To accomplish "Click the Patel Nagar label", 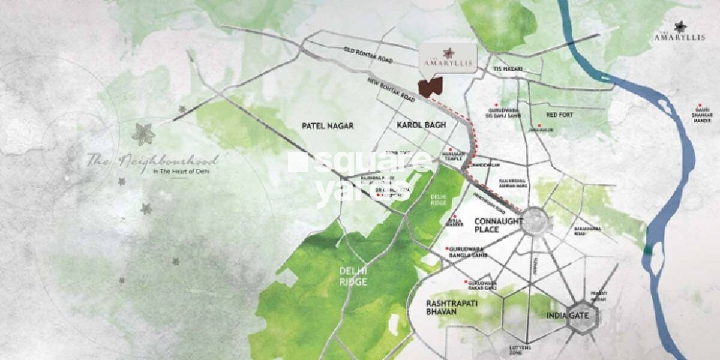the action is tap(328, 126).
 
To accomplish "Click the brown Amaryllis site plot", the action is tap(430, 87).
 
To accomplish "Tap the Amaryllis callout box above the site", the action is tap(448, 58).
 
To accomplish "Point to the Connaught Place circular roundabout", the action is tap(535, 222).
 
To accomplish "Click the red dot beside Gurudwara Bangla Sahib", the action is tap(447, 249).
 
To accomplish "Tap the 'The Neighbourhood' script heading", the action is tap(152, 161).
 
